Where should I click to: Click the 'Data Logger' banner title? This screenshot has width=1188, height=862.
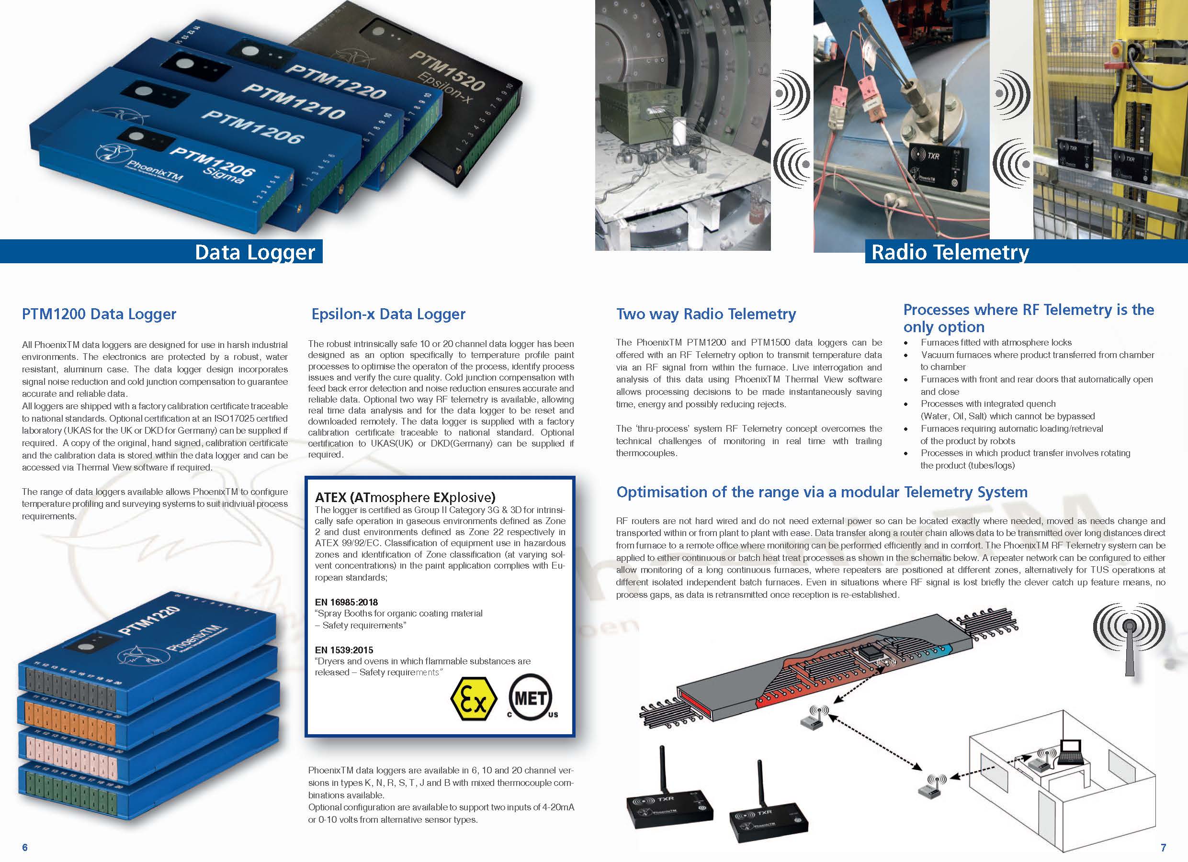coord(255,252)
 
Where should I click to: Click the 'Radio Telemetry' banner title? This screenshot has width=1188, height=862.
coord(950,252)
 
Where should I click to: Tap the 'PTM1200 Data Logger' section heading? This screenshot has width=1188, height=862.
coord(99,314)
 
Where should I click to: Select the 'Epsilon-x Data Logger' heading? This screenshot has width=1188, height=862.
coord(388,314)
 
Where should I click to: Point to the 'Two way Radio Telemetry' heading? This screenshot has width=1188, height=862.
coord(706,314)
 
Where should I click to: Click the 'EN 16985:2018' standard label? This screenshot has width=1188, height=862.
coord(346,602)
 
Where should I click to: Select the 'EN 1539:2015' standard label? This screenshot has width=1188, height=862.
coord(344,650)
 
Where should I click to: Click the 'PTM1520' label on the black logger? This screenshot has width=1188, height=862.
coord(446,70)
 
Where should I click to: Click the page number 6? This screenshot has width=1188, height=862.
coord(24,847)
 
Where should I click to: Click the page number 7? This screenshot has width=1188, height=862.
coord(1164,847)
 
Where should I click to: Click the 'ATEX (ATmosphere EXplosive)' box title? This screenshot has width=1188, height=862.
coord(405,497)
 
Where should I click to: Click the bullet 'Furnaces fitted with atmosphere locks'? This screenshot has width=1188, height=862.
coord(996,343)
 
